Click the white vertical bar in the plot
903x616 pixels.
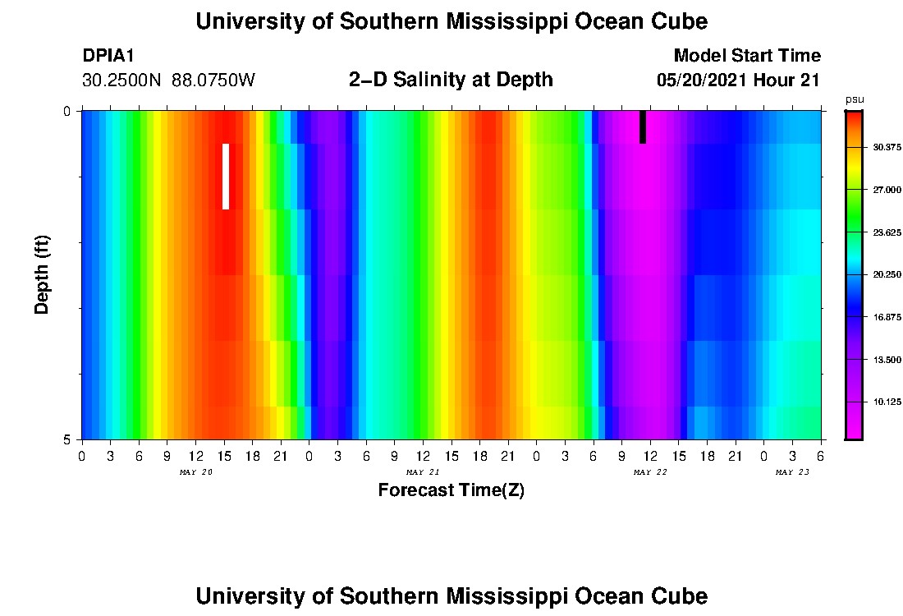(226, 176)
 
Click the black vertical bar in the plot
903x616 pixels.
(643, 126)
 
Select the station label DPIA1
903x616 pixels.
(108, 56)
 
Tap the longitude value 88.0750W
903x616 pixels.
(213, 80)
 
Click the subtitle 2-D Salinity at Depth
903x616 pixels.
(451, 80)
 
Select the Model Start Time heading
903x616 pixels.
(746, 56)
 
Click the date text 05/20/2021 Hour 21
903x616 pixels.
(739, 80)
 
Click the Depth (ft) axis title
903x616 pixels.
(43, 274)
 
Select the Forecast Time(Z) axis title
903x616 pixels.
(451, 490)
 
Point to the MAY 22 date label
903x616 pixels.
(649, 472)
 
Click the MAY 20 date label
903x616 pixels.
(195, 472)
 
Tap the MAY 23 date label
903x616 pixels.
(792, 472)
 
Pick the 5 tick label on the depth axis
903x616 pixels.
(68, 439)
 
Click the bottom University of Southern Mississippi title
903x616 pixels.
(451, 595)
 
